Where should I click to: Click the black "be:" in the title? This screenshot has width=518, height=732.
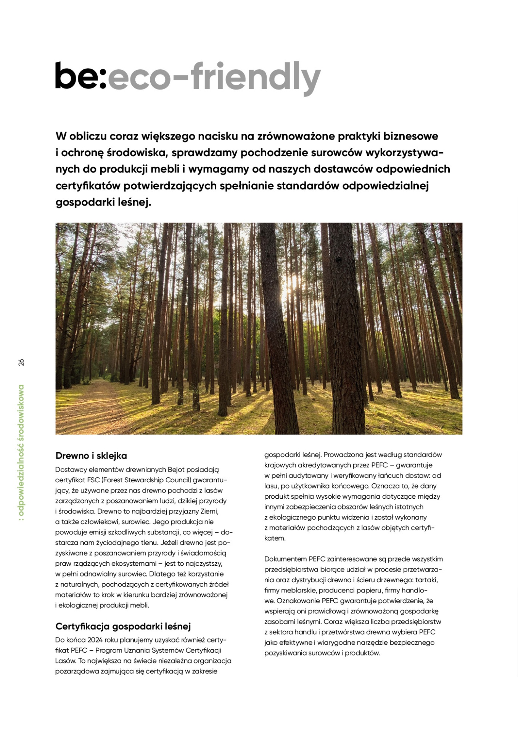[x=80, y=76]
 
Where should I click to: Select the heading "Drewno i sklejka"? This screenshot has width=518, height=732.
[x=91, y=456]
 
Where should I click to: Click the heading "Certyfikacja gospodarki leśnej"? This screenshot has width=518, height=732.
[x=123, y=626]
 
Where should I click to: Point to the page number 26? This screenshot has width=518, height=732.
[x=21, y=362]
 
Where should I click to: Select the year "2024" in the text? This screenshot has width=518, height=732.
[x=95, y=639]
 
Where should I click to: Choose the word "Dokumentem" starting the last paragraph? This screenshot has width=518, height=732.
[x=283, y=559]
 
